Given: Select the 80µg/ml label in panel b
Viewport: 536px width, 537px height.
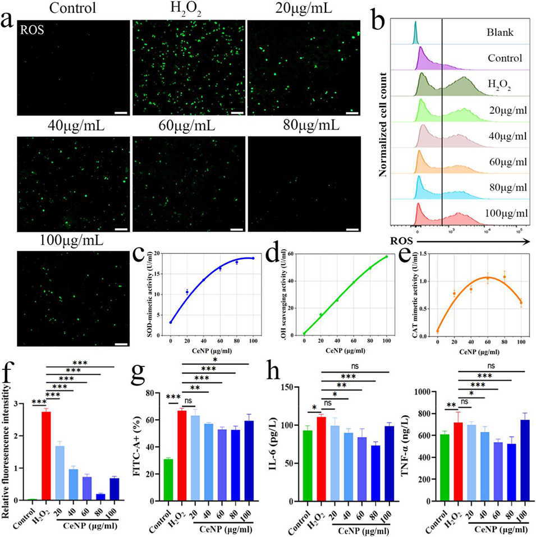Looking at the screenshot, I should [x=504, y=188].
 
